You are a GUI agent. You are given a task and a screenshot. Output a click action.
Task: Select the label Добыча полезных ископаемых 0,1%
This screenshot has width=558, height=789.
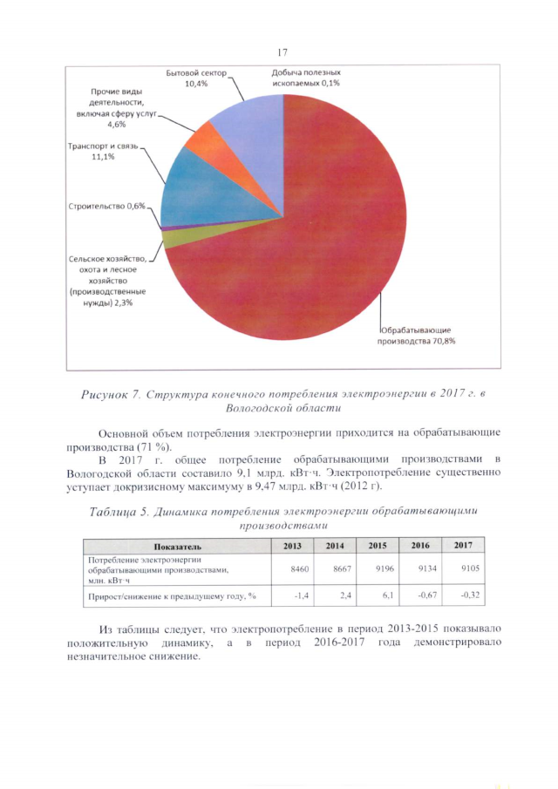300,78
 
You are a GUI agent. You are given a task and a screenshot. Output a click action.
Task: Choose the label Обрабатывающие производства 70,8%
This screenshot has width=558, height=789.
418,335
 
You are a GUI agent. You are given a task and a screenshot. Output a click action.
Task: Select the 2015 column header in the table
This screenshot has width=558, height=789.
378,546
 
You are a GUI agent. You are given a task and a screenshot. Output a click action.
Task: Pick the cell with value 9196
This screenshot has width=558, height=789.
378,568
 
